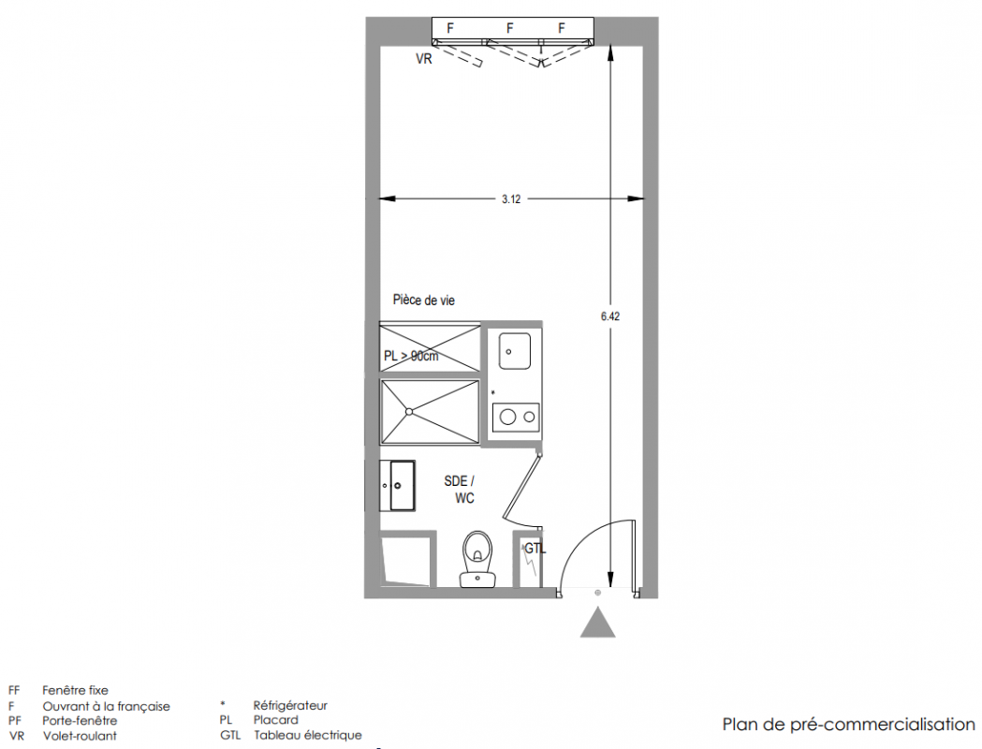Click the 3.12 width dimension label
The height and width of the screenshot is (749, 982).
pyautogui.click(x=511, y=199)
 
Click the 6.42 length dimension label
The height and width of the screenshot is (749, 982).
pyautogui.click(x=610, y=316)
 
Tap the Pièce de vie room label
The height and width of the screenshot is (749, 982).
pyautogui.click(x=424, y=300)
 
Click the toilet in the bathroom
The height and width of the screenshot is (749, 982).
pyautogui.click(x=477, y=560)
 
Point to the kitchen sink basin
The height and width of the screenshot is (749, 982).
pyautogui.click(x=515, y=351)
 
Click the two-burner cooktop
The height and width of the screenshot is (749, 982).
pyautogui.click(x=516, y=417)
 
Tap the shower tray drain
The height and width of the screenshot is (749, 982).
pyautogui.click(x=408, y=411)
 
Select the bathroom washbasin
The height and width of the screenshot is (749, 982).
pyautogui.click(x=397, y=486)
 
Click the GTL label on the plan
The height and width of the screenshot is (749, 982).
pyautogui.click(x=535, y=549)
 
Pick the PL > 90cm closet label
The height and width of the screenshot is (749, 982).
pyautogui.click(x=411, y=356)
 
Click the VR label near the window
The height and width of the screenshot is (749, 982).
pyautogui.click(x=424, y=59)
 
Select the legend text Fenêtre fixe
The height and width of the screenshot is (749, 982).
pyautogui.click(x=75, y=690)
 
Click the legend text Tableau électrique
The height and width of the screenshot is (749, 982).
pyautogui.click(x=307, y=735)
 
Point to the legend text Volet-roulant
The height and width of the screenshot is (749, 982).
pyautogui.click(x=80, y=736)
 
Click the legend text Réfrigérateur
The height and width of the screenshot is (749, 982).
pyautogui.click(x=290, y=706)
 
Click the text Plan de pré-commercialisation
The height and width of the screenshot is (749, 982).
pyautogui.click(x=849, y=725)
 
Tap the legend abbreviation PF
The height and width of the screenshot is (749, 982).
pyautogui.click(x=14, y=720)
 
